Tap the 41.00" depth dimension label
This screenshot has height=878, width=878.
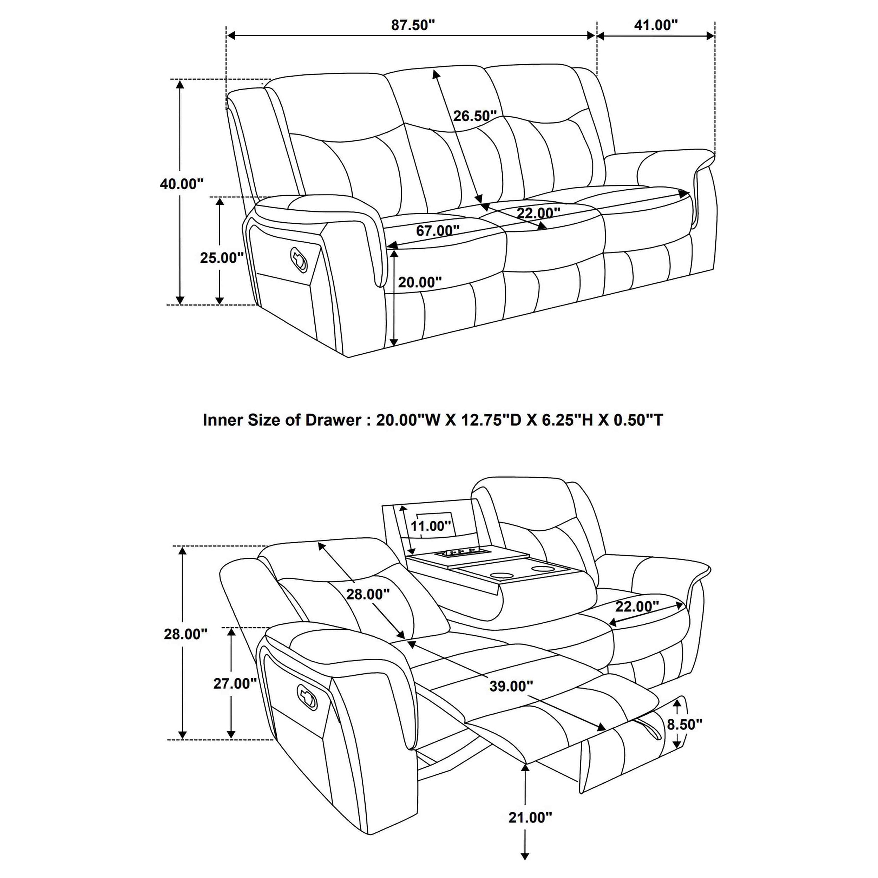click(655, 25)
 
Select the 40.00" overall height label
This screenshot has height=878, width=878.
click(181, 184)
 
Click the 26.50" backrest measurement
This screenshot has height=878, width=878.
click(474, 116)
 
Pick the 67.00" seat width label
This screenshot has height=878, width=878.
click(438, 230)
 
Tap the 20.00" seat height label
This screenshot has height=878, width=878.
click(419, 282)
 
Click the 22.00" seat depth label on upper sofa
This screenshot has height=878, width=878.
click(538, 213)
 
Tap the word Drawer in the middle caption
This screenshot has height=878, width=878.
click(333, 419)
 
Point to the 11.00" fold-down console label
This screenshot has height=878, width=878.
click(430, 526)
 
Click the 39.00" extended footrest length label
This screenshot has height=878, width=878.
click(511, 686)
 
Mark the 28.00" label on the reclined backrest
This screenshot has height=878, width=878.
click(368, 594)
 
